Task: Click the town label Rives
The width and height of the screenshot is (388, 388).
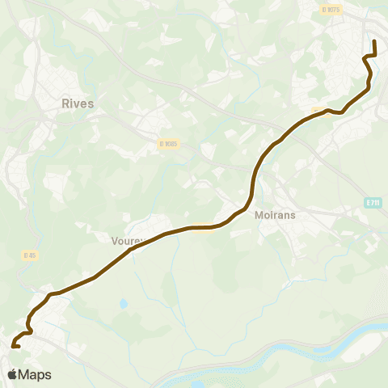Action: click(78, 103)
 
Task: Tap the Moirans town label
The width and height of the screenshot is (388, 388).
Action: click(277, 216)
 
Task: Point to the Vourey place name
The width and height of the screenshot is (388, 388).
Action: click(126, 240)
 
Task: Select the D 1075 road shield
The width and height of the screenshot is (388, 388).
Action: click(330, 10)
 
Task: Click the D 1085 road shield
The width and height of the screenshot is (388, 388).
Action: click(168, 144)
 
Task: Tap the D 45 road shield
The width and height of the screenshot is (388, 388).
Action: click(30, 255)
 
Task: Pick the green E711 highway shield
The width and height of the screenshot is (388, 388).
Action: click(371, 202)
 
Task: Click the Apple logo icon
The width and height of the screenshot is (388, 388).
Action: click(13, 374)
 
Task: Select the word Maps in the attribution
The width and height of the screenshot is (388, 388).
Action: click(36, 374)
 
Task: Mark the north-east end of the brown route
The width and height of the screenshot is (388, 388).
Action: click(374, 40)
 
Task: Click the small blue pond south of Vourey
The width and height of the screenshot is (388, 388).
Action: click(123, 304)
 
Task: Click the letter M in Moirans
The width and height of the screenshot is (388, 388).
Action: click(259, 216)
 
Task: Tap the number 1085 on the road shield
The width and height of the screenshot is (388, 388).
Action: click(171, 144)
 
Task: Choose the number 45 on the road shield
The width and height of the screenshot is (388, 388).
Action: click(32, 255)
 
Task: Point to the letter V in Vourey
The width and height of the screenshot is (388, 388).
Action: click(114, 240)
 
